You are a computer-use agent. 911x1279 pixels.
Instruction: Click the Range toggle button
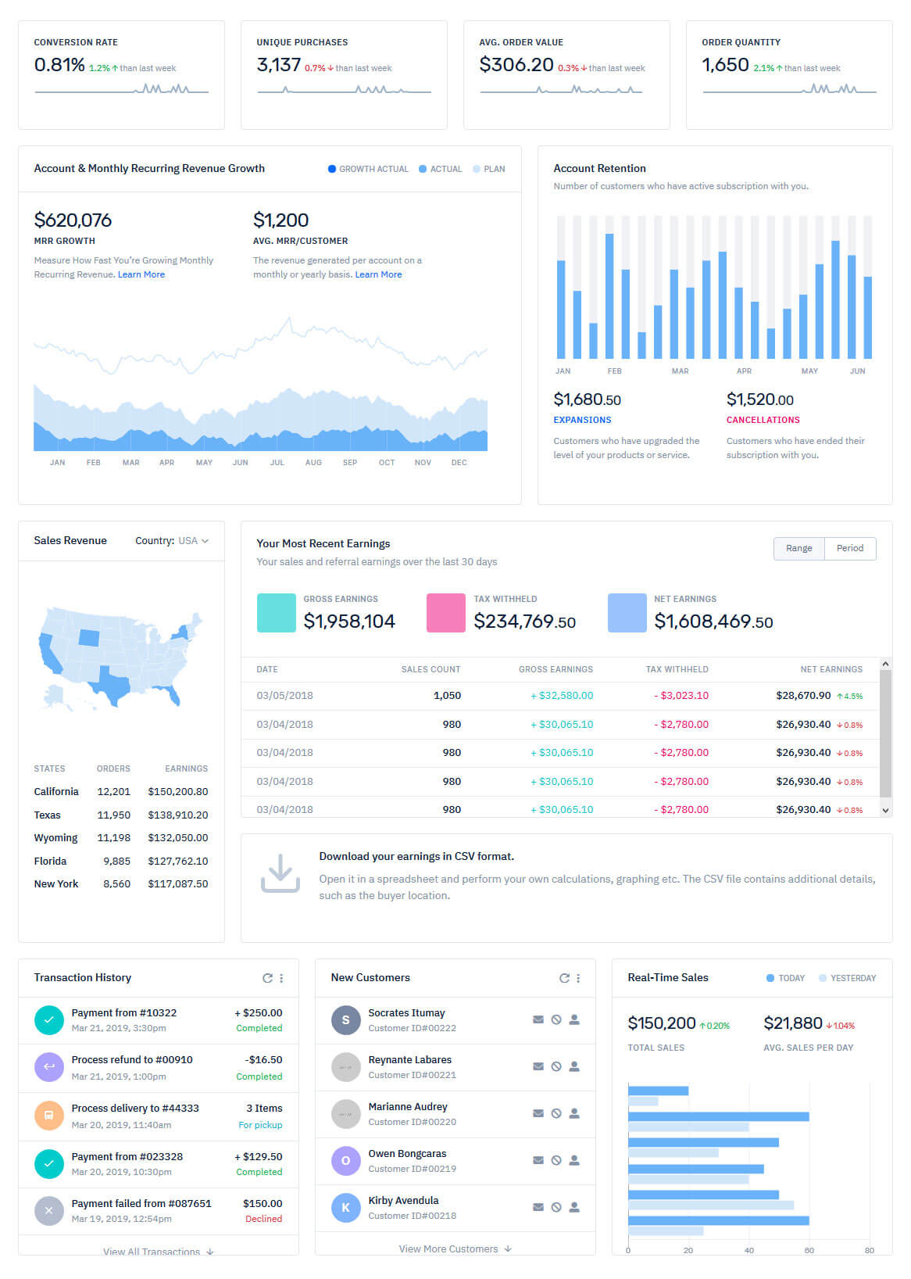[x=798, y=548]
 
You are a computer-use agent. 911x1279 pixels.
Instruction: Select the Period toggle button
[x=850, y=548]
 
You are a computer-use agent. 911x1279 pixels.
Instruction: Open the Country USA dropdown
[x=173, y=540]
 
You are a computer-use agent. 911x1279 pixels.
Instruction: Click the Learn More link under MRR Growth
[x=141, y=274]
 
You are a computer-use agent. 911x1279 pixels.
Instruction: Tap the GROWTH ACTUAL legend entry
[x=368, y=169]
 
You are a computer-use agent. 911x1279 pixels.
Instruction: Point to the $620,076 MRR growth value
[x=73, y=220]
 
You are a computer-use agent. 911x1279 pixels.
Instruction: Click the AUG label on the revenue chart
[x=313, y=462]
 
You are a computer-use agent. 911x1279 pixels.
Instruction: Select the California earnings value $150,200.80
[x=178, y=791]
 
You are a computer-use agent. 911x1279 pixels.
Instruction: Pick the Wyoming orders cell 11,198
[x=113, y=837]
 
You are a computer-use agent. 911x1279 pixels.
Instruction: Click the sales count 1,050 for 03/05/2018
[x=447, y=695]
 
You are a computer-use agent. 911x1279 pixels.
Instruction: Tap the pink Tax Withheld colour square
[x=446, y=612]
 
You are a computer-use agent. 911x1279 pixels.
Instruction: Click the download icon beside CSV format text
[x=280, y=873]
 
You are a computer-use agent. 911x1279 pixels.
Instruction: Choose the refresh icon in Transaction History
[x=267, y=978]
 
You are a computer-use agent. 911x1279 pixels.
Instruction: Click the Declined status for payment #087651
[x=263, y=1219]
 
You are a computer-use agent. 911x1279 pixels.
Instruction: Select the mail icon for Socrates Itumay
[x=538, y=1019]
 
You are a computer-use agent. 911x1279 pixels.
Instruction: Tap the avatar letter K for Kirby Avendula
[x=345, y=1208]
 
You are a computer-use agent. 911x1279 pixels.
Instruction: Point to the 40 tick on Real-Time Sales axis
[x=748, y=1250]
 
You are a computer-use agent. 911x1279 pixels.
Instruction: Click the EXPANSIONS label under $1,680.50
[x=582, y=420]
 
